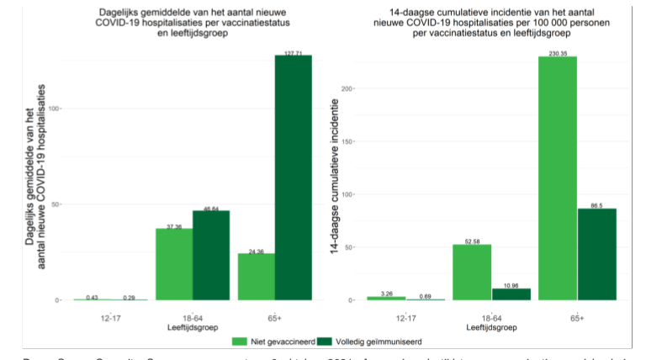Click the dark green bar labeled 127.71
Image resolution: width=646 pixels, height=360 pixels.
(x=293, y=177)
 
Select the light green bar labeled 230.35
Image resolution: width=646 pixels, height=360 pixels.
(x=558, y=177)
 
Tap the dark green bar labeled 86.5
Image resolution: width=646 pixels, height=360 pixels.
(x=596, y=253)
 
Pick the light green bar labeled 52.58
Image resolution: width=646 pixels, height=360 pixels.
(x=472, y=272)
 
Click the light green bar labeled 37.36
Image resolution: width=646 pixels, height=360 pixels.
(x=174, y=264)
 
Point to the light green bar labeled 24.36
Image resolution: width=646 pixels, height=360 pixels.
(x=256, y=277)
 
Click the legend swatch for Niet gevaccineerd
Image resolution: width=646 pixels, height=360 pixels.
(x=238, y=342)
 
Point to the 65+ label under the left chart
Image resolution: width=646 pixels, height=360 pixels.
(x=274, y=317)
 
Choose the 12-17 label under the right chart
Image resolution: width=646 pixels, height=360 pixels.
(x=405, y=317)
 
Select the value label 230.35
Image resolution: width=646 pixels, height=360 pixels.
(x=558, y=53)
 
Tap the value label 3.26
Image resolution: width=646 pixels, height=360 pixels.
(x=386, y=294)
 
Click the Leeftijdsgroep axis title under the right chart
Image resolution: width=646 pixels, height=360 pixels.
(x=491, y=326)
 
